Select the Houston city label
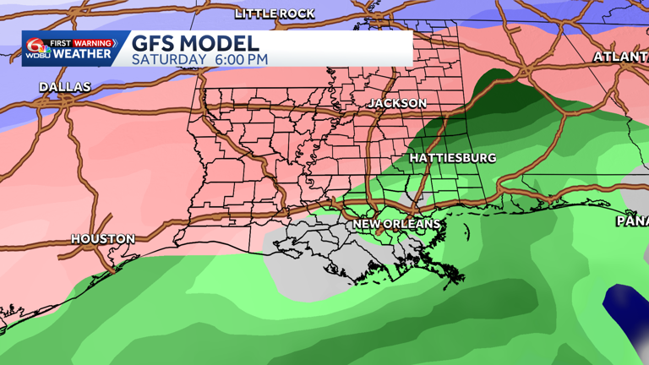pyautogui.click(x=102, y=239)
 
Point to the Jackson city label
pyautogui.click(x=397, y=103)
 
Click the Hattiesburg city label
pyautogui.click(x=453, y=158)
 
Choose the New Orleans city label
pyautogui.click(x=396, y=224)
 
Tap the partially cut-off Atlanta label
pyautogui.click(x=622, y=57)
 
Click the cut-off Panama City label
pyautogui.click(x=632, y=221)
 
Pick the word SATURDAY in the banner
pyautogui.click(x=168, y=59)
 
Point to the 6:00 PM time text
pyautogui.click(x=241, y=59)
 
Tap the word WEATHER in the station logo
pyautogui.click(x=84, y=54)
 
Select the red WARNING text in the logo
pyautogui.click(x=93, y=43)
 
